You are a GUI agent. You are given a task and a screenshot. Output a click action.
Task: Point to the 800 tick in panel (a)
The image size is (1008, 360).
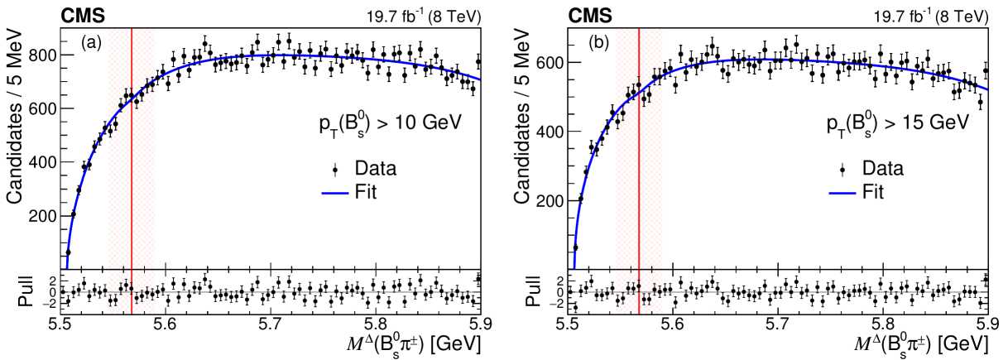(45, 55)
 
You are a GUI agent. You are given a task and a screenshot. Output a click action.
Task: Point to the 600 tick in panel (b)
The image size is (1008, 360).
(552, 62)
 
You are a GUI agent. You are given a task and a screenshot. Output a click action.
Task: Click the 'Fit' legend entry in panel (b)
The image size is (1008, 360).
(869, 192)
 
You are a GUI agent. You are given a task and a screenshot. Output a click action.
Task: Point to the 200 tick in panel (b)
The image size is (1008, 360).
(552, 201)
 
